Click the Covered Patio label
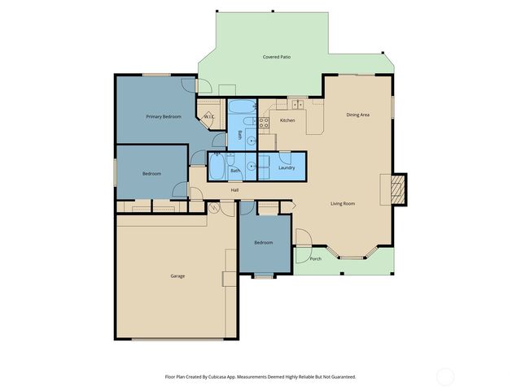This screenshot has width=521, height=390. tap(277, 58)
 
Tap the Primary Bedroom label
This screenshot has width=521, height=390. tap(164, 117)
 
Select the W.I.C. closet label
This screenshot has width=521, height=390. tap(208, 117)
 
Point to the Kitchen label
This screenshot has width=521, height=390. tap(287, 120)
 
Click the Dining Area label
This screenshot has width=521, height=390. tap(358, 115)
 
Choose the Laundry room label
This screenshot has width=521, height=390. tap(286, 167)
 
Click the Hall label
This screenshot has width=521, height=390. tap(234, 190)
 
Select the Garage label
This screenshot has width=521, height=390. tap(177, 276)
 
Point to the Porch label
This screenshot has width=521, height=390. tap(316, 259)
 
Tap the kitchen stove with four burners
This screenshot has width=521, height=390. tap(264, 123)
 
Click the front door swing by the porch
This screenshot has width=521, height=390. tap(301, 237)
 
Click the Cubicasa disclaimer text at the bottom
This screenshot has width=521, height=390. tap(260, 376)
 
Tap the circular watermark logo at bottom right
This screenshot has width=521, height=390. tap(445, 376)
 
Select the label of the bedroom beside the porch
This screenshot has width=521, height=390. tap(263, 243)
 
